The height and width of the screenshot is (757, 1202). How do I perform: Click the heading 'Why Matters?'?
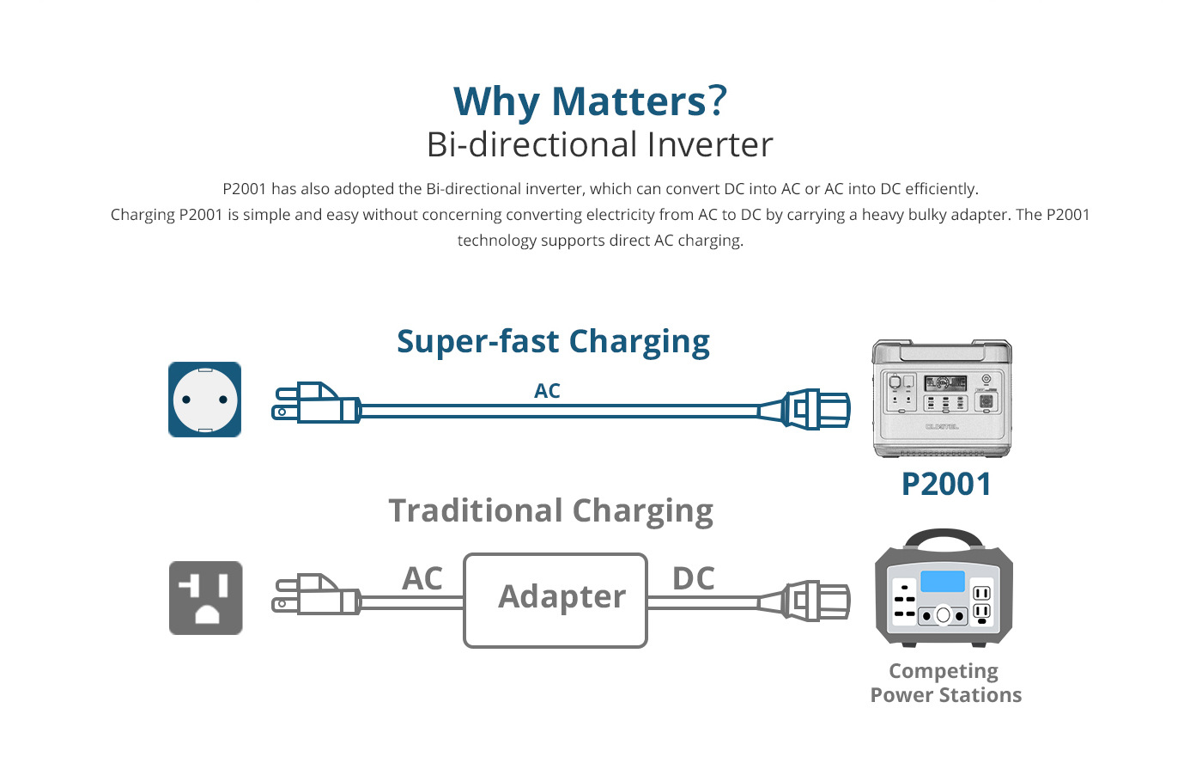pos(591,101)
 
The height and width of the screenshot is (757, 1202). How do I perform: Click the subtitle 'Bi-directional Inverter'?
pos(600,144)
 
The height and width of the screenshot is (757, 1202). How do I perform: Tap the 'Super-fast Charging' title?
pos(553,342)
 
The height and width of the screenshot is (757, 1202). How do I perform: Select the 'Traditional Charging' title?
pos(551,510)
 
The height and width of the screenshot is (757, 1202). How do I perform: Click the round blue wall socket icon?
pos(204,400)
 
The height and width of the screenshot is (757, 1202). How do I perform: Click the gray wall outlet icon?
pos(205,598)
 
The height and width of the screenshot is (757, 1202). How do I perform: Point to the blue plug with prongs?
pos(316,403)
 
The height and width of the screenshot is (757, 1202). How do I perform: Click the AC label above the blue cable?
pos(547,391)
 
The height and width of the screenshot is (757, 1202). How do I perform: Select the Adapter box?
pos(555,601)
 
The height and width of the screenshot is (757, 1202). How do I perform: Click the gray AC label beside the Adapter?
pos(422,578)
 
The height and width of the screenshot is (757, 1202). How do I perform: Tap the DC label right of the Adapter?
pos(694,578)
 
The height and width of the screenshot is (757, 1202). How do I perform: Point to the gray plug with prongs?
pos(316,595)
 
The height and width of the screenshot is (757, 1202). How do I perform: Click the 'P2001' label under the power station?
pos(946,485)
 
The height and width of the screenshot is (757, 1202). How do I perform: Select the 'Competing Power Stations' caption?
pos(945,683)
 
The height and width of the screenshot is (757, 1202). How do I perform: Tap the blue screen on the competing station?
pos(943,582)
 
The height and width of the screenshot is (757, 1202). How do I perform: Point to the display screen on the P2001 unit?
pos(945,382)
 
